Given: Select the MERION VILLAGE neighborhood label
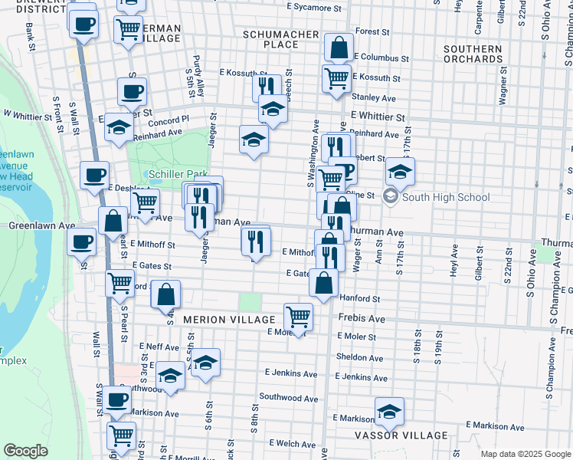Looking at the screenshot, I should (x=228, y=319).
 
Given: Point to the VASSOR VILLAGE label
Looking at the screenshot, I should (x=401, y=435).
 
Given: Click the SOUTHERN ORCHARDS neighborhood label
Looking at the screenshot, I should (x=473, y=54).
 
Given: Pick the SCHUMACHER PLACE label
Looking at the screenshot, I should (x=280, y=39).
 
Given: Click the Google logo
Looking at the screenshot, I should (x=25, y=451).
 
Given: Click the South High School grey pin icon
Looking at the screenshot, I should (x=391, y=197).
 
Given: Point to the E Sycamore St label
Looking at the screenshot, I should (x=314, y=7).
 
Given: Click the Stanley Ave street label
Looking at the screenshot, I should (x=373, y=97).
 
